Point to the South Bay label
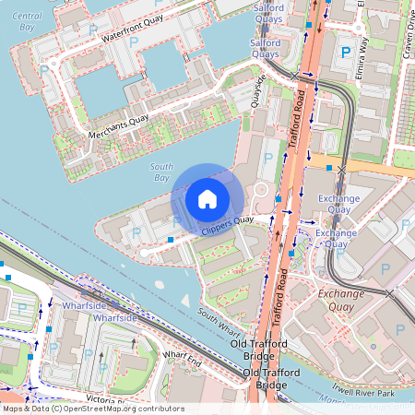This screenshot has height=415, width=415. click(x=160, y=171)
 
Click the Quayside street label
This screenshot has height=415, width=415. click(x=262, y=91)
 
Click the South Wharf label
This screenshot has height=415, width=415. click(x=218, y=322)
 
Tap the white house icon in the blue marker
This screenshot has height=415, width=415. click(x=207, y=198)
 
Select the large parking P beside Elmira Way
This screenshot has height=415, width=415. click(x=346, y=53)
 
